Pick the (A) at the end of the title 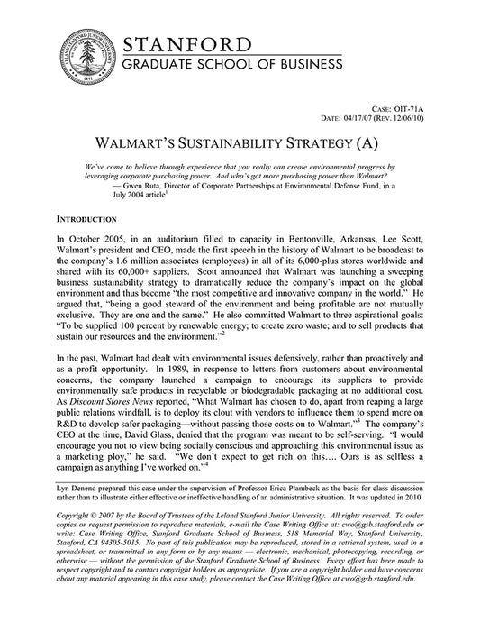(378, 144)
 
